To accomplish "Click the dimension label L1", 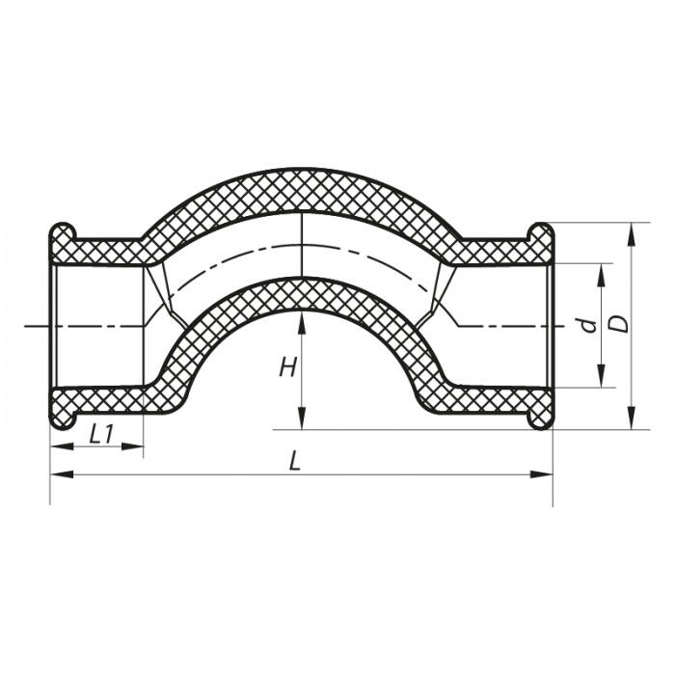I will [101, 434].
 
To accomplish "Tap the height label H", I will [287, 366].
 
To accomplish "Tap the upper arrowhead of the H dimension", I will [303, 319].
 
